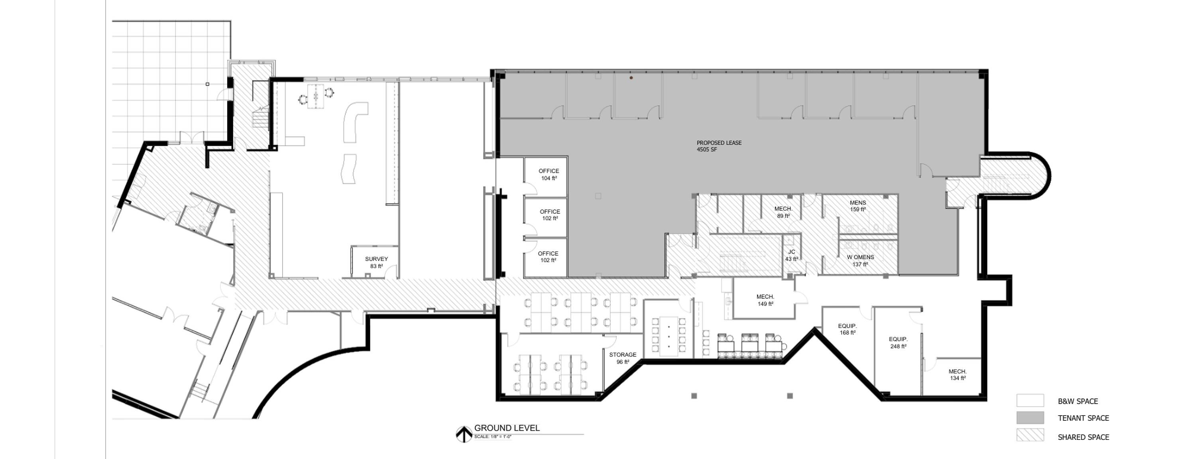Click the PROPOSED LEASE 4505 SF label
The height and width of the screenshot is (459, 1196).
tap(719, 146)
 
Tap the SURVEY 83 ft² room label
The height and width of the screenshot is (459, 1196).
tap(376, 262)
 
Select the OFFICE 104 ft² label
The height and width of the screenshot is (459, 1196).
tap(549, 174)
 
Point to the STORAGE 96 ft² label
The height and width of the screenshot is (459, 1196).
tap(623, 358)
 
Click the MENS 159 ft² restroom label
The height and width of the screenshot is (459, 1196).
tap(858, 206)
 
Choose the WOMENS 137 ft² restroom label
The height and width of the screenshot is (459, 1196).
tap(860, 261)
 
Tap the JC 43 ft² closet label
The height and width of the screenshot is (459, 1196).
tap(792, 256)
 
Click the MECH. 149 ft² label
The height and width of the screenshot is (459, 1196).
tap(765, 300)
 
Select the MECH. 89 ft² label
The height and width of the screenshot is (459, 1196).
tap(783, 212)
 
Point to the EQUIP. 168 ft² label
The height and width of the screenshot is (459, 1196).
tap(847, 329)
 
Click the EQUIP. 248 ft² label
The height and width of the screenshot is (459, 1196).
tap(898, 343)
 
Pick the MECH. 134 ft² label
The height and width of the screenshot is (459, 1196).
tap(957, 375)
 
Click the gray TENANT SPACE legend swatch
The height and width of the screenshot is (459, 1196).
tap(1030, 418)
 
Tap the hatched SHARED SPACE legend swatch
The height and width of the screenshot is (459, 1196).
tap(1030, 435)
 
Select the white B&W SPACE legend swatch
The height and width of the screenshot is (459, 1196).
tap(1030, 400)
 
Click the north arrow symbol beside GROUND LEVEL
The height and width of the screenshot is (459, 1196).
tap(464, 434)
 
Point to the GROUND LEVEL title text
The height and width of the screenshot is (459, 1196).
tap(507, 428)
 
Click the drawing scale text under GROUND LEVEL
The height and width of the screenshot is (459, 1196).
tap(493, 437)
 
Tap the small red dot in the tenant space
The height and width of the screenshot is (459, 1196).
tap(631, 78)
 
